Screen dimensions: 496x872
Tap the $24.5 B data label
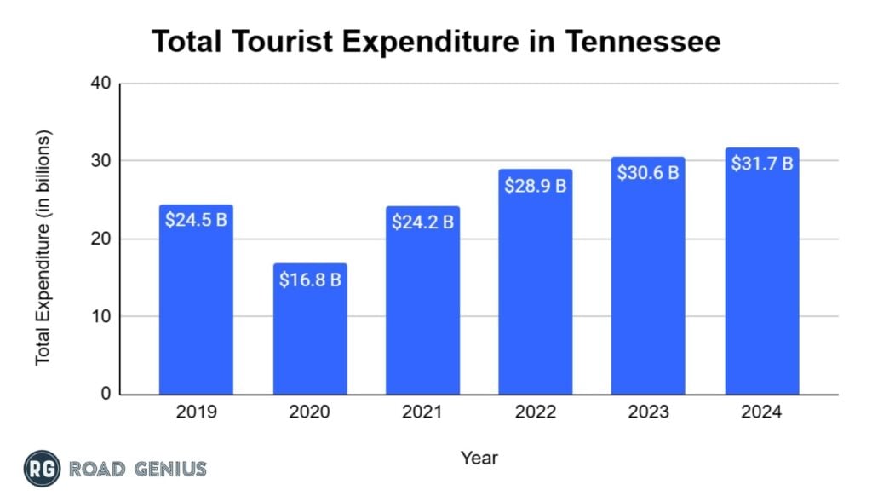click(x=196, y=221)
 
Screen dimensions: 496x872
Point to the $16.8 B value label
click(x=310, y=280)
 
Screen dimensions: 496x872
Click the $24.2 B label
click(x=422, y=222)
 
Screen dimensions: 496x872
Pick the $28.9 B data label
click(x=536, y=185)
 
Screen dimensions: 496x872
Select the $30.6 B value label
click(x=648, y=172)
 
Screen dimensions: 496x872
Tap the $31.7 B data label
click(x=762, y=163)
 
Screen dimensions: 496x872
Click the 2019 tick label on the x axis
click(x=196, y=412)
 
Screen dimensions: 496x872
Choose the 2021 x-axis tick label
click(x=422, y=412)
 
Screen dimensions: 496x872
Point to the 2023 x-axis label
click(x=648, y=412)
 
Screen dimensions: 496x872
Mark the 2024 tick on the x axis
click(x=762, y=412)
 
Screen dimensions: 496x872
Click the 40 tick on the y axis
click(x=100, y=84)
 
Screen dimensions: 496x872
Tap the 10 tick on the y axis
click(x=100, y=317)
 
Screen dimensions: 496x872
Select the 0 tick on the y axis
click(x=105, y=395)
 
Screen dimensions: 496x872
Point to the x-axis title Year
click(x=479, y=459)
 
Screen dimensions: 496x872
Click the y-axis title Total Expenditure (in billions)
click(x=43, y=247)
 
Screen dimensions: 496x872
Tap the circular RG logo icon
click(x=42, y=469)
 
